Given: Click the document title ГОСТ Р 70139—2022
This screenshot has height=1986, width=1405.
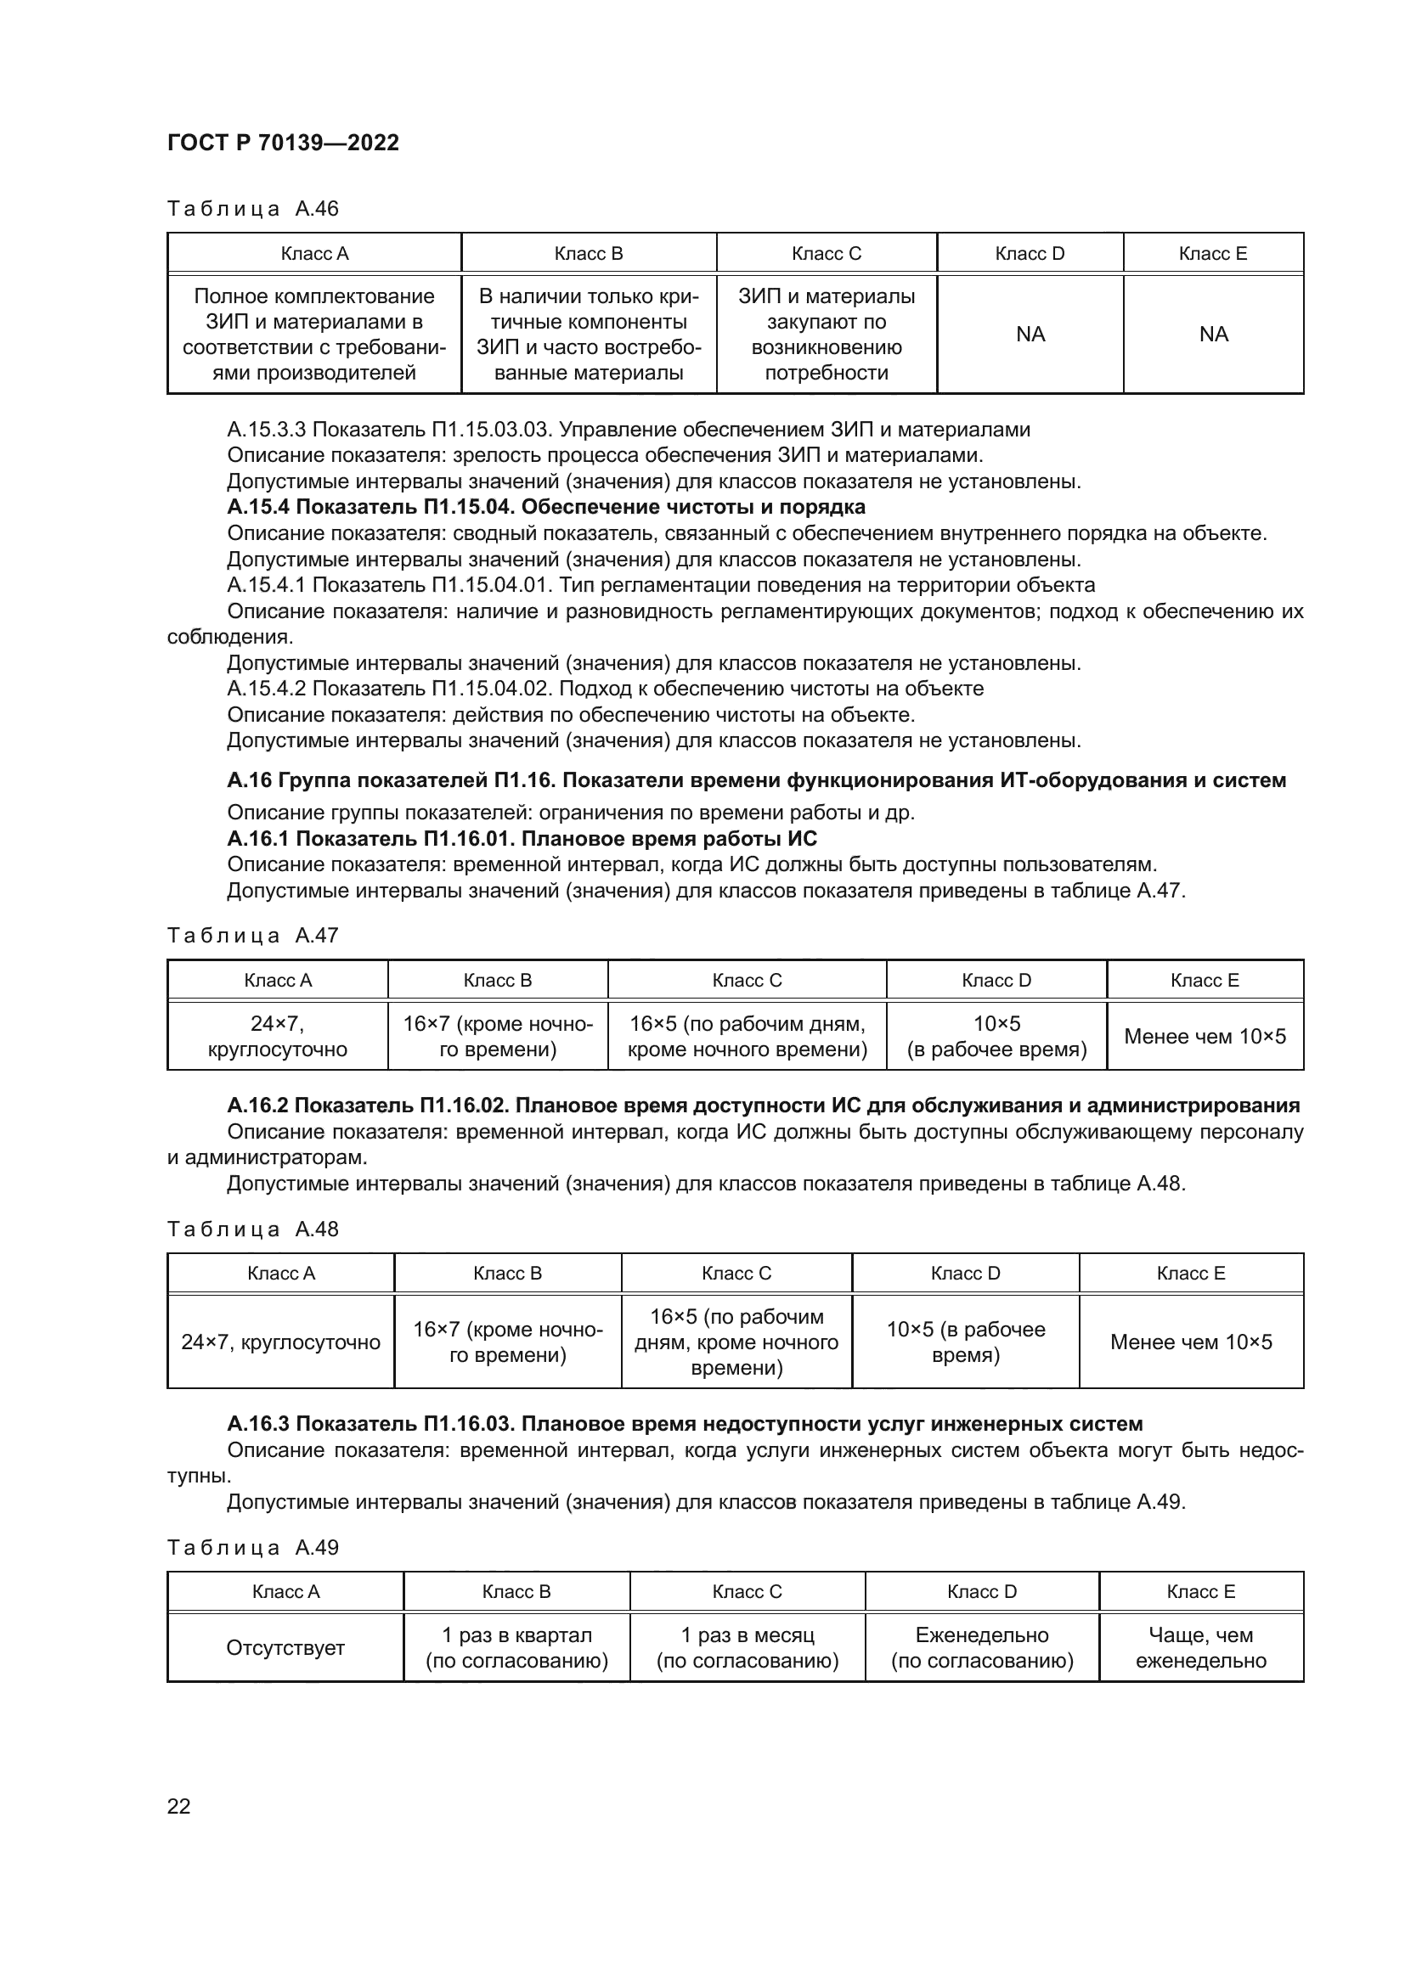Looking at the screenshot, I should point(283,143).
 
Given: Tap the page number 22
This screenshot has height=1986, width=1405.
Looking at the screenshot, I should point(178,1806).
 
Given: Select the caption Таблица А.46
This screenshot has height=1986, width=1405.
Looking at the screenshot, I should point(252,209).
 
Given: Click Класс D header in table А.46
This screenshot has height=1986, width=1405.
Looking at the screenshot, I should point(1030,253).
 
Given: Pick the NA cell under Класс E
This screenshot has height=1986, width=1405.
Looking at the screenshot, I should point(1213,334).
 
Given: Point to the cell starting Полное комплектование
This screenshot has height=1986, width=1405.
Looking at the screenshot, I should point(314,334).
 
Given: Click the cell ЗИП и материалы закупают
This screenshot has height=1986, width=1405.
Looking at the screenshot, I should point(827,334).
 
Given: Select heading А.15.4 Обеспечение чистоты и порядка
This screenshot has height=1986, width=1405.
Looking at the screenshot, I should point(546,506).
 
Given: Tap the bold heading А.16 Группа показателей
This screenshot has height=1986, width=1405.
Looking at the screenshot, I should point(756,780).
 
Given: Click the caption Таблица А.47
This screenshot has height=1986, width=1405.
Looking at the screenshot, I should point(252,935).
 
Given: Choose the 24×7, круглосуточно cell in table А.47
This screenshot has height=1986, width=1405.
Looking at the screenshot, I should point(278,1036).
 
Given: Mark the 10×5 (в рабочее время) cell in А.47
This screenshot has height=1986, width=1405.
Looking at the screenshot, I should point(996,1036).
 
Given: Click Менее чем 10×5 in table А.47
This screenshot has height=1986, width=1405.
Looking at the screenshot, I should point(1205,1036).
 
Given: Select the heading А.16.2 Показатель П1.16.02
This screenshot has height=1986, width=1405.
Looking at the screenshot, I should point(763,1106).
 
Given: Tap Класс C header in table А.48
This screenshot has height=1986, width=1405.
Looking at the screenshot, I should point(736,1274).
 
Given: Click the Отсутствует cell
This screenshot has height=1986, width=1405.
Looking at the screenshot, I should point(285,1648).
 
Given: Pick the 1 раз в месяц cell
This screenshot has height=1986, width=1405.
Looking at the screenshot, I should point(748,1648).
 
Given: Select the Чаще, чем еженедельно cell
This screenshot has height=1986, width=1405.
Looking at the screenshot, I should point(1201,1648).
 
